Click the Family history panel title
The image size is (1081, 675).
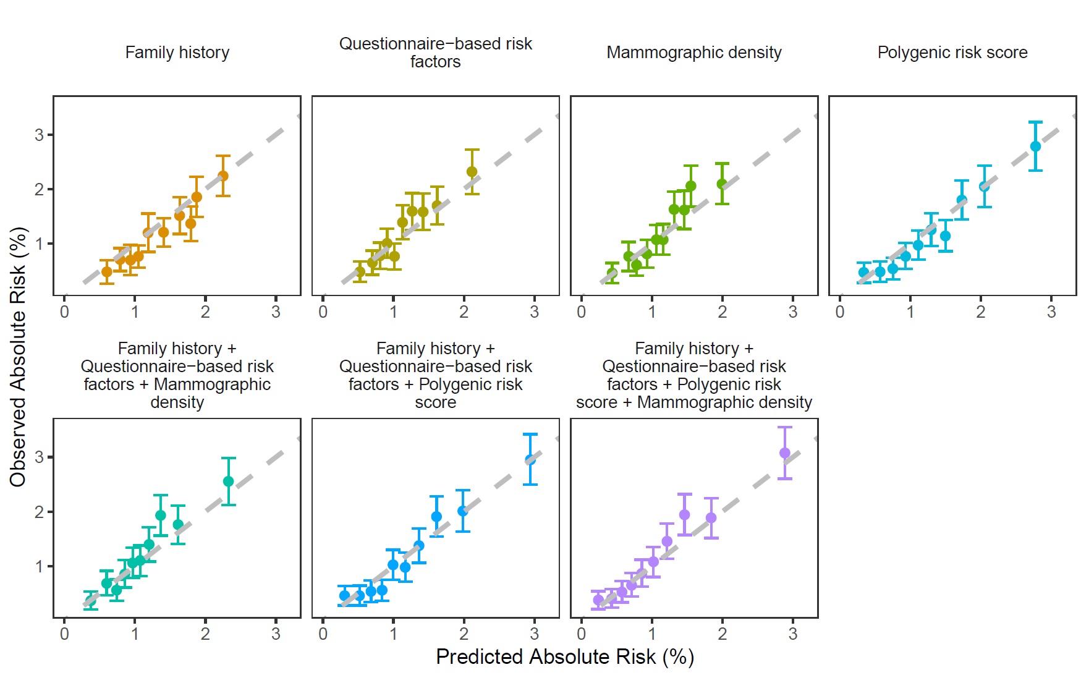click(x=177, y=53)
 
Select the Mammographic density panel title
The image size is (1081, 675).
click(x=693, y=53)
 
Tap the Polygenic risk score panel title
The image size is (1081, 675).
click(x=952, y=53)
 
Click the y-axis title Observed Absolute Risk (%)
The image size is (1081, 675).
click(x=19, y=357)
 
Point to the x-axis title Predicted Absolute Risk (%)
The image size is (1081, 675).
click(x=564, y=656)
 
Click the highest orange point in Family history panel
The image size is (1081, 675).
click(x=223, y=176)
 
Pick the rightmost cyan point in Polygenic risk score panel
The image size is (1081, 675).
click(x=1035, y=146)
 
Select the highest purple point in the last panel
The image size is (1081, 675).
click(x=785, y=453)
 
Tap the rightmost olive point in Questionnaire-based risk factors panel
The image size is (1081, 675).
click(x=472, y=172)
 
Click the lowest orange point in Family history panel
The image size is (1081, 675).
click(x=106, y=272)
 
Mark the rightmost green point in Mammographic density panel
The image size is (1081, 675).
click(x=721, y=184)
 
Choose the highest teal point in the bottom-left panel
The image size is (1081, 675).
click(x=228, y=482)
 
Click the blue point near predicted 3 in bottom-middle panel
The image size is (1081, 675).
click(x=530, y=460)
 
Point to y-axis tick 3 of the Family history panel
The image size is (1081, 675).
click(x=40, y=135)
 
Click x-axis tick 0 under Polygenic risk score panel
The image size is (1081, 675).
click(x=839, y=312)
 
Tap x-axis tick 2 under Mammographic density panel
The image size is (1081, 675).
click(x=722, y=312)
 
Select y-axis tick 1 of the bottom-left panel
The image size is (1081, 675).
click(x=40, y=566)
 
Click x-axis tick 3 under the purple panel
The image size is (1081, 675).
click(x=792, y=634)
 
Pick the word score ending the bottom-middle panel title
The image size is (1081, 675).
click(x=435, y=402)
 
